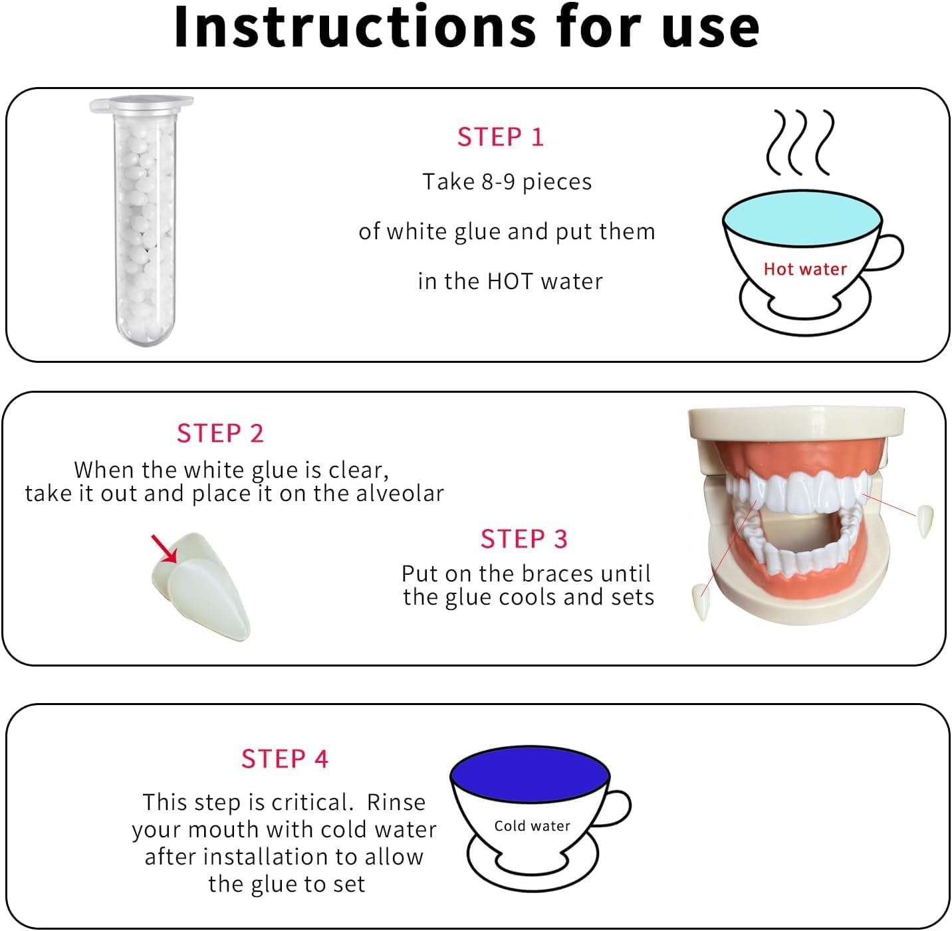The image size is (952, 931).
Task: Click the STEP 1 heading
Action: (x=500, y=137)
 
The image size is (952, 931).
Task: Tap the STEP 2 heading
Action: (x=220, y=433)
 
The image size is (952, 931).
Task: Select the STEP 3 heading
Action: (x=524, y=539)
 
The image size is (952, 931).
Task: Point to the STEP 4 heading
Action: (x=285, y=759)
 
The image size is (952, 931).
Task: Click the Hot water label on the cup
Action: (x=805, y=269)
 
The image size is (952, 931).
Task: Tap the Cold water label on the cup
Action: (x=533, y=826)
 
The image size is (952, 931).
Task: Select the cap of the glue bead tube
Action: (x=142, y=103)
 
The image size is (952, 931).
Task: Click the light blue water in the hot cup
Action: (x=802, y=218)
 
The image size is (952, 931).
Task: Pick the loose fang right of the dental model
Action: (x=925, y=522)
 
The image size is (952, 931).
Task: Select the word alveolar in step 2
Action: (x=400, y=493)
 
